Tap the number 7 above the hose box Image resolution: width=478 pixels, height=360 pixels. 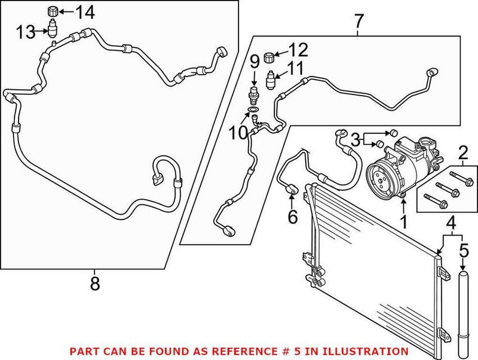358,22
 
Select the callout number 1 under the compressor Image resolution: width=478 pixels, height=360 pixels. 403,223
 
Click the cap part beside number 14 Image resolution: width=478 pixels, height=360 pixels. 53,11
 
